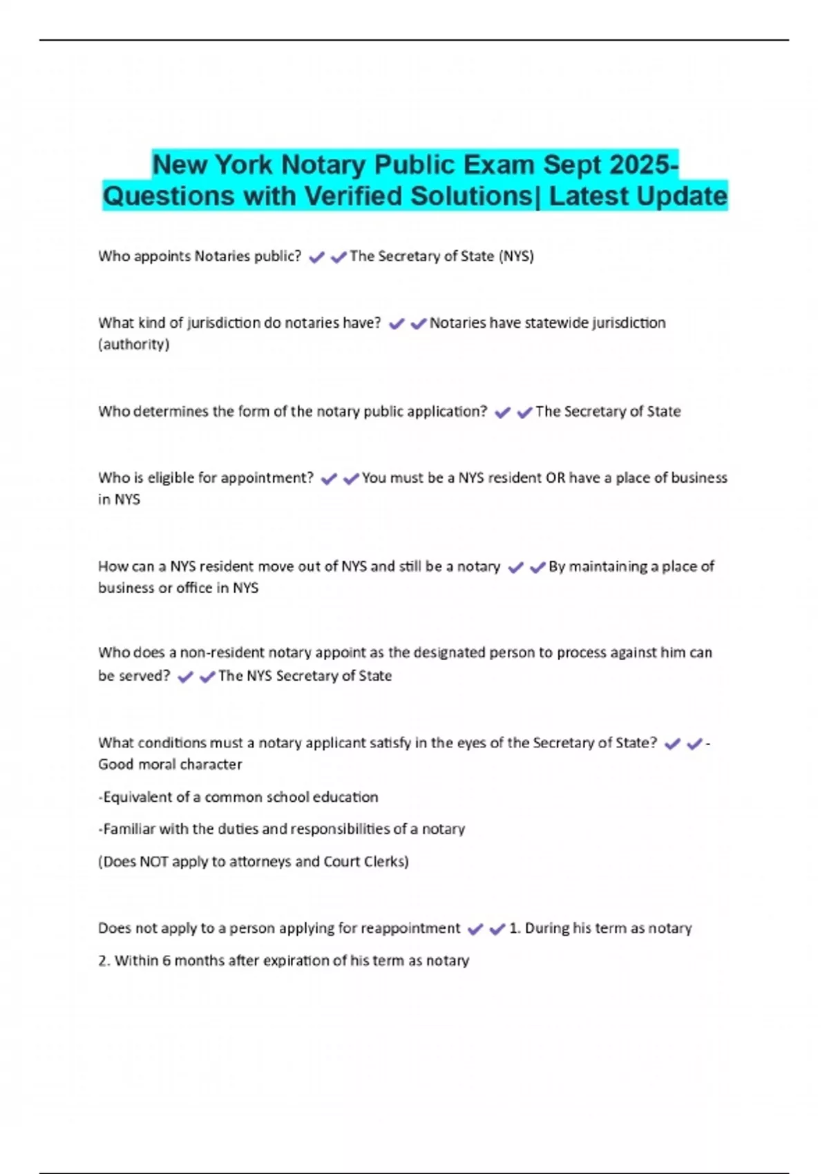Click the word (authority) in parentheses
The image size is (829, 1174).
[x=133, y=344]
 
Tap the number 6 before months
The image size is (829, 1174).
[x=166, y=961]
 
